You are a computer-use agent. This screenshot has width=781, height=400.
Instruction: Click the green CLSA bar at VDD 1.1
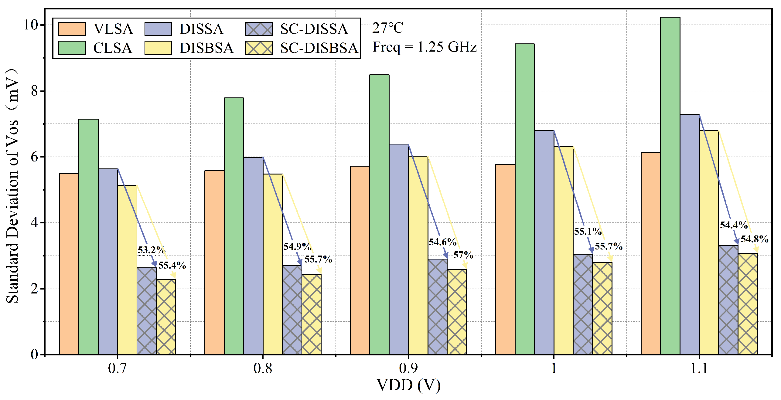coord(670,186)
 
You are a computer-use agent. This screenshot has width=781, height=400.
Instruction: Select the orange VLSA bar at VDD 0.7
coord(69,264)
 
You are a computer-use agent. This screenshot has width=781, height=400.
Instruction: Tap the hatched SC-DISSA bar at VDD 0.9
coord(438,307)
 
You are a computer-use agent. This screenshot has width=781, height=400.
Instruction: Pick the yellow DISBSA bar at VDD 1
coord(564,250)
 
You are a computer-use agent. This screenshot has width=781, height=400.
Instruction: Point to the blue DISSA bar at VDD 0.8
coord(253,256)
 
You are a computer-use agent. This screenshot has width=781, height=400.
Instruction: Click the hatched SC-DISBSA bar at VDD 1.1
coord(748,304)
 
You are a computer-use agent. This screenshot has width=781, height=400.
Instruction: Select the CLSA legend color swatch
coord(72,48)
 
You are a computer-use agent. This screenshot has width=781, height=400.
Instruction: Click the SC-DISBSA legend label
coord(319,48)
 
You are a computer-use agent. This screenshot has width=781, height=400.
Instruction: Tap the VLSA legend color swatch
coord(72,29)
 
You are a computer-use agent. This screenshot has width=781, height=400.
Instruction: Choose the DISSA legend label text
coord(202,29)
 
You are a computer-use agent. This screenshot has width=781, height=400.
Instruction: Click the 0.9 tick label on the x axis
coord(408,368)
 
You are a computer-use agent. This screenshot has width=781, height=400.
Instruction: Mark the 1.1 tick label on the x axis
coord(699,368)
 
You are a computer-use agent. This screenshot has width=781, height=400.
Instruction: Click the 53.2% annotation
coord(151,250)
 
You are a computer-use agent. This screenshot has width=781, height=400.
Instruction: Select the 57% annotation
coord(463,255)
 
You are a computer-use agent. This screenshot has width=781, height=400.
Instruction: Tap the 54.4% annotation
coord(734,225)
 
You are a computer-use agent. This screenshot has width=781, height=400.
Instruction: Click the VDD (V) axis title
coord(408,386)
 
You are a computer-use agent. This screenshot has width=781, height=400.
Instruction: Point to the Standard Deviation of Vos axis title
coord(13,186)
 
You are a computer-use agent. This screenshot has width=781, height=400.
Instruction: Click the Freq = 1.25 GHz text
coord(425,47)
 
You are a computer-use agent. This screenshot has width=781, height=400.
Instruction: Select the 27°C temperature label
coord(388,28)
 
